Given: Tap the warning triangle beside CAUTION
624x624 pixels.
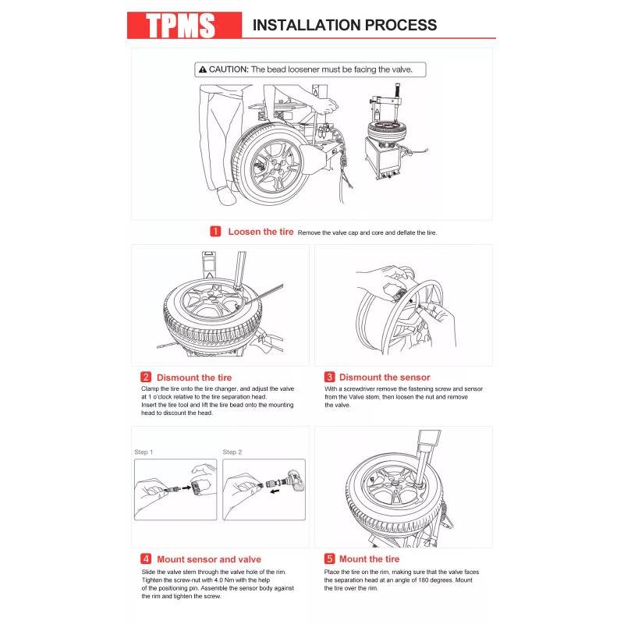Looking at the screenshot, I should coord(203,69).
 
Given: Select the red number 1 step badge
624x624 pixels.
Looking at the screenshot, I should coord(215,232).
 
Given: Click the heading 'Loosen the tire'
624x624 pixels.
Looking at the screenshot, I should coord(261,232).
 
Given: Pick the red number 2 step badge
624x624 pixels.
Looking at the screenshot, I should coord(146,378).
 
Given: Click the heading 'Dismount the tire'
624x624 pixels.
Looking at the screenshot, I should coord(194,378).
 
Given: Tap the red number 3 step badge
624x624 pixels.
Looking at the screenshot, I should coord(329,378).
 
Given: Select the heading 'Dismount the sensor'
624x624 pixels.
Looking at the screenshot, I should coord(385,378).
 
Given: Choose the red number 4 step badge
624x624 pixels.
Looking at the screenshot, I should coord(146,559).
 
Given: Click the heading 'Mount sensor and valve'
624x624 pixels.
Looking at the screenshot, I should coord(209,559).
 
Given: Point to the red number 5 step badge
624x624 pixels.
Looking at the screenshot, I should coord(329,559).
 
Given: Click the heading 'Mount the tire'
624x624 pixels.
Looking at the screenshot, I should coord(369,559).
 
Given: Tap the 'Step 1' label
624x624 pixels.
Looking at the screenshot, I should coord(144,452).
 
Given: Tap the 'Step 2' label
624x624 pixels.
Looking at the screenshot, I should coord(232,452).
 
